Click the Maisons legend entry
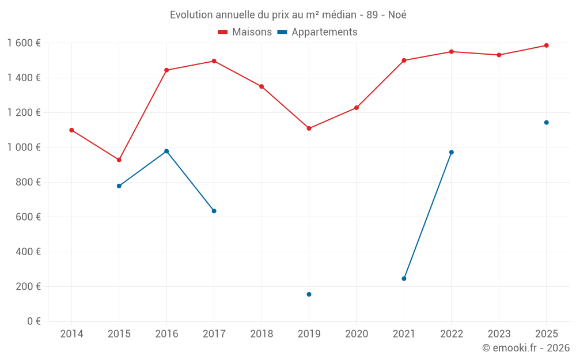pyautogui.click(x=245, y=32)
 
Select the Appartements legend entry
pyautogui.click(x=317, y=32)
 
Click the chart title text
pyautogui.click(x=288, y=15)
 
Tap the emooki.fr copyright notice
pyautogui.click(x=526, y=348)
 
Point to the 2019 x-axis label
pyautogui.click(x=309, y=334)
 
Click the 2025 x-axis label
pyautogui.click(x=546, y=334)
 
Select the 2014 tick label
pyautogui.click(x=71, y=334)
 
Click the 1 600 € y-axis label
pyautogui.click(x=24, y=43)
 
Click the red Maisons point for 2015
pyautogui.click(x=119, y=160)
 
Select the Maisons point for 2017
pyautogui.click(x=214, y=61)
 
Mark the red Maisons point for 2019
pyautogui.click(x=309, y=128)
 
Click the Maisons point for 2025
pyautogui.click(x=546, y=46)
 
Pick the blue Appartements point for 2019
pyautogui.click(x=309, y=294)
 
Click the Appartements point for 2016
pyautogui.click(x=166, y=151)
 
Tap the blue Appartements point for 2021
pyautogui.click(x=404, y=279)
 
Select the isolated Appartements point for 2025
pyautogui.click(x=546, y=122)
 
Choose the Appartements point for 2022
pyautogui.click(x=452, y=152)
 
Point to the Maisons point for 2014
pyautogui.click(x=71, y=130)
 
